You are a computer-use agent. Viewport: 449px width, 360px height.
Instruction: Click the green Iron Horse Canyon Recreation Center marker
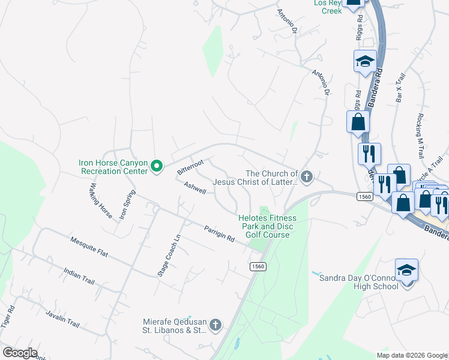(157, 166)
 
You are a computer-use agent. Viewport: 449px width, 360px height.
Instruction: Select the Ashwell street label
(195, 188)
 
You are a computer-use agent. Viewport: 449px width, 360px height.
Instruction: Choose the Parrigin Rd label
(219, 233)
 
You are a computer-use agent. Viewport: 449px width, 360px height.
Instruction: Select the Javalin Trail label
(62, 318)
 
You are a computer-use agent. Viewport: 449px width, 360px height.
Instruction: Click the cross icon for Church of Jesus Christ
(307, 176)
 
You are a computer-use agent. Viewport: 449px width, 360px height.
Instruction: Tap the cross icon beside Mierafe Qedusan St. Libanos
(215, 325)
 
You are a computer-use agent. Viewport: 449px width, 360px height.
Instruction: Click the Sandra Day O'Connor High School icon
(406, 269)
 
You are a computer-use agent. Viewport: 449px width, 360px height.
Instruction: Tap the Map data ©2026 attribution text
(411, 355)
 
